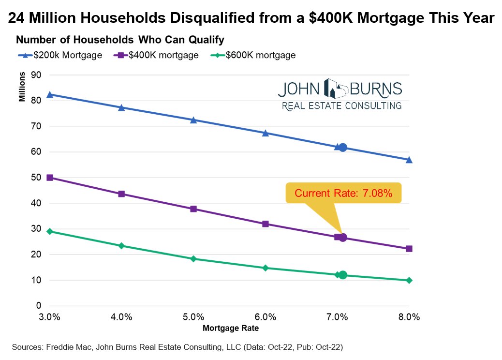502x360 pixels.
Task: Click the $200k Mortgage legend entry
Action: point(60,55)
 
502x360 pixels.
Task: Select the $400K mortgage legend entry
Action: point(157,55)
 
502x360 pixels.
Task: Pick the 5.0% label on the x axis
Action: point(193,317)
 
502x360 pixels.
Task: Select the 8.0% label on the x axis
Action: point(409,317)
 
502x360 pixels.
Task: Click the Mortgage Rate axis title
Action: point(231,328)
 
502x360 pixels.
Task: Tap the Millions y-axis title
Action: point(22,88)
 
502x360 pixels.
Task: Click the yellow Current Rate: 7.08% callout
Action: point(343,193)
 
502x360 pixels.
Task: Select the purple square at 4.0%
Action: point(121,194)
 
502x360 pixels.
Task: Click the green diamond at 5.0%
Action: point(193,259)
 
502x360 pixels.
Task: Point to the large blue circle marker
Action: point(343,148)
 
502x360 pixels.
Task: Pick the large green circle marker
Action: point(343,275)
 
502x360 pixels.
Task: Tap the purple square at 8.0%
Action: point(409,249)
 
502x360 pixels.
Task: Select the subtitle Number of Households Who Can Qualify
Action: point(120,39)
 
